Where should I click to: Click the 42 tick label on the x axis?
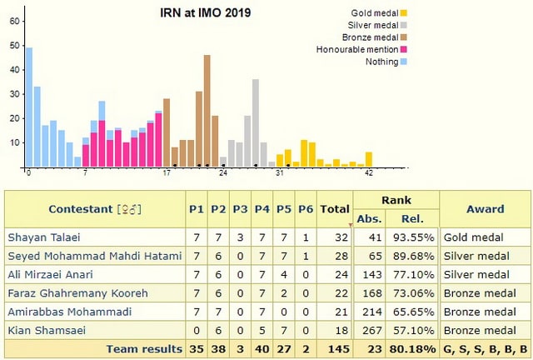point(368,173)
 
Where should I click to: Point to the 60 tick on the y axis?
point(14,21)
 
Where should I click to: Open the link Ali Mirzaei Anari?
point(52,274)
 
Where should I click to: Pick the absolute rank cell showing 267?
point(371,331)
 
